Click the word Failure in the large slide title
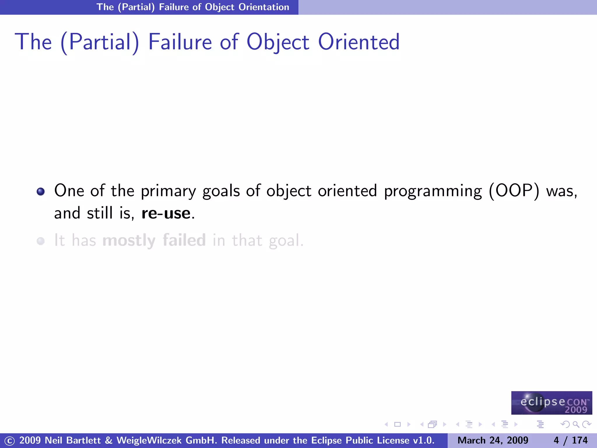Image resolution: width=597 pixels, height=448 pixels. click(x=180, y=42)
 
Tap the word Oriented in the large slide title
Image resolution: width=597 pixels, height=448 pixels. click(x=359, y=42)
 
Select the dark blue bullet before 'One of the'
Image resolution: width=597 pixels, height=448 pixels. click(x=41, y=192)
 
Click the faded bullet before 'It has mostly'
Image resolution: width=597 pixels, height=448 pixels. click(x=41, y=241)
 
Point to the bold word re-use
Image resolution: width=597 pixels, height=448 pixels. click(x=166, y=213)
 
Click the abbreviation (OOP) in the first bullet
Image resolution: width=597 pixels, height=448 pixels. click(x=514, y=191)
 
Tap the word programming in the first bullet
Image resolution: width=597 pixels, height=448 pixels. click(x=433, y=192)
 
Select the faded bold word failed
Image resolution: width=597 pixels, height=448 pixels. click(x=184, y=240)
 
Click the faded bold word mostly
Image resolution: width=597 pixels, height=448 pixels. click(x=129, y=241)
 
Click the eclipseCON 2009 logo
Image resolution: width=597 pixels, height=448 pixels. click(x=552, y=403)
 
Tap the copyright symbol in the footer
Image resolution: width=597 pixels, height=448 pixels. click(x=9, y=441)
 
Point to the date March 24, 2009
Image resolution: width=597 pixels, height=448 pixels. click(x=493, y=440)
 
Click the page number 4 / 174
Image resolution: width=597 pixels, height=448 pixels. click(x=570, y=440)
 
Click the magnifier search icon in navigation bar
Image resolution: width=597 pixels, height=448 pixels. click(x=576, y=424)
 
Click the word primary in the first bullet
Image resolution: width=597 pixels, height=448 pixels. click(x=168, y=192)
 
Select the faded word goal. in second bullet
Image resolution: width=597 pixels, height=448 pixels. click(x=286, y=241)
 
